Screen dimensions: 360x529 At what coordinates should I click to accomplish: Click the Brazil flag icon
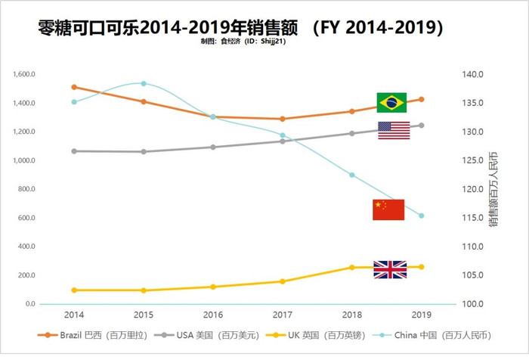click(x=391, y=102)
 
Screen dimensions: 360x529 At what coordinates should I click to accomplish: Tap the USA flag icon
click(x=394, y=130)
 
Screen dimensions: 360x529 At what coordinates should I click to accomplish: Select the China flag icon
click(x=388, y=209)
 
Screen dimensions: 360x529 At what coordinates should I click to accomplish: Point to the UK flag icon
click(x=390, y=269)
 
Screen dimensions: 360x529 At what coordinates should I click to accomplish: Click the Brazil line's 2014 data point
click(x=74, y=87)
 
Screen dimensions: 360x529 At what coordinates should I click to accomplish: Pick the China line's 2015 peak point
click(x=144, y=83)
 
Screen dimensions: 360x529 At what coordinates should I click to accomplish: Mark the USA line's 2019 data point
click(x=422, y=126)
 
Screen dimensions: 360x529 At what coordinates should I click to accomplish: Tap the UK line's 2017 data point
click(x=283, y=281)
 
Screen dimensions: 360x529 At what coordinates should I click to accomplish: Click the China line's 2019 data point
click(x=422, y=216)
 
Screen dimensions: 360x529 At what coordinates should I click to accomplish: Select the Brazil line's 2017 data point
click(x=283, y=119)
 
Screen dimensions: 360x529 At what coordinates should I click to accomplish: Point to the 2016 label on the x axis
click(x=213, y=314)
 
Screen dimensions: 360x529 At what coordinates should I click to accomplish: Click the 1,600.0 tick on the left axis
click(x=25, y=74)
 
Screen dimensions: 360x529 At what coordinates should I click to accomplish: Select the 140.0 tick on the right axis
click(x=473, y=74)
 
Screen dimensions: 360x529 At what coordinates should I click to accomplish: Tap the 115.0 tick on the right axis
click(x=473, y=218)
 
